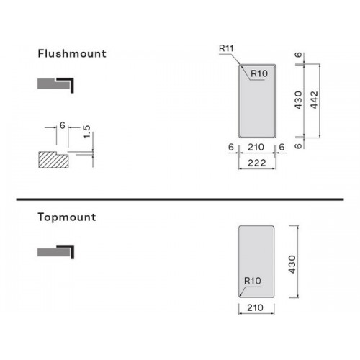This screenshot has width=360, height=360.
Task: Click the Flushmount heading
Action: [72, 53]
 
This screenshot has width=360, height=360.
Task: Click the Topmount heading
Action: [67, 217]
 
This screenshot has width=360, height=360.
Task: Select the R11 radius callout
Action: [226, 48]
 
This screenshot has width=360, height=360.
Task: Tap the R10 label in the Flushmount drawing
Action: [259, 73]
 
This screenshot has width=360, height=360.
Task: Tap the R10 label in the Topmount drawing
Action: [253, 281]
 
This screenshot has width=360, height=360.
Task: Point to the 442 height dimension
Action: [314, 100]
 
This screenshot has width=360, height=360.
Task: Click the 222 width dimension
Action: [257, 163]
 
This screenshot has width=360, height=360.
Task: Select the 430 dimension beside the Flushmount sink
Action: [298, 100]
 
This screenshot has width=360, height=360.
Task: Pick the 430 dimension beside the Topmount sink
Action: [292, 264]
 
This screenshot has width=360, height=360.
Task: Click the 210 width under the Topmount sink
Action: [255, 307]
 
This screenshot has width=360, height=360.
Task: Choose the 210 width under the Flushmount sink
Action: [256, 147]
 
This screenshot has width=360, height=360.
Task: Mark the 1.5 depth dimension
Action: [86, 132]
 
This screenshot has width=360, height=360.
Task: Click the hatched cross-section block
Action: [53, 160]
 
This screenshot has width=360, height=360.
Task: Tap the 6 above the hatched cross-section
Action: [63, 125]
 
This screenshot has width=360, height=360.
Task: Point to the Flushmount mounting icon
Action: [55, 85]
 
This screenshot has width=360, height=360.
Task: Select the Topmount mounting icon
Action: [55, 252]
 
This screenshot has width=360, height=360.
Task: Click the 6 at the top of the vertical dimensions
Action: [298, 55]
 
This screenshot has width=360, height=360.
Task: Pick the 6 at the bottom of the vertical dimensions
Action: [298, 146]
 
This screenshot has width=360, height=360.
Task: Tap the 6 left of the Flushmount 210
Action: [231, 147]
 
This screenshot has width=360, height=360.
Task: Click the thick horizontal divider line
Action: [180, 199]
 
